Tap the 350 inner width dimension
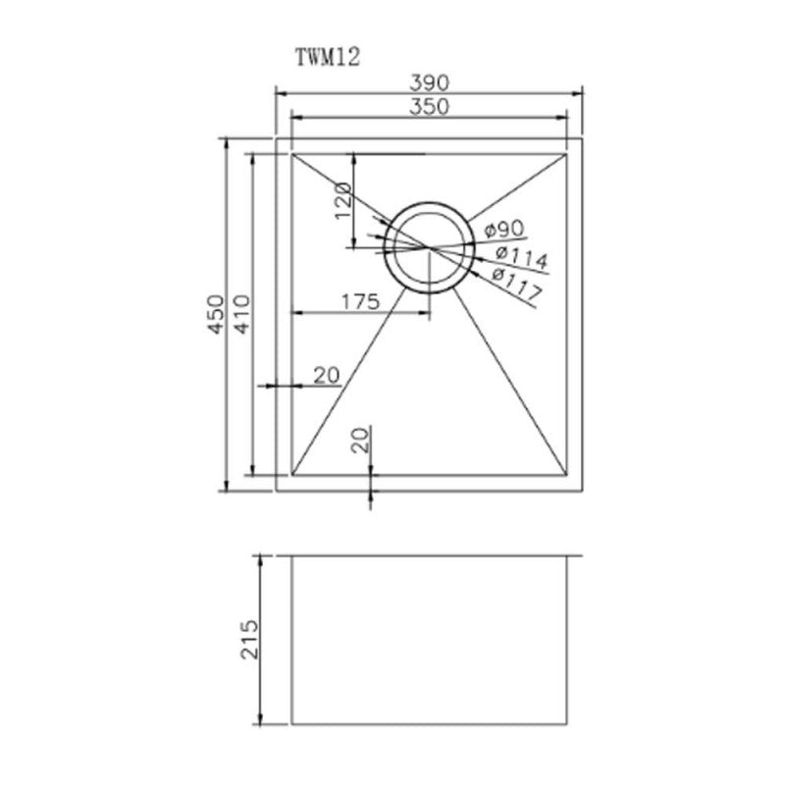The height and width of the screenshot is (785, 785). [x=430, y=107]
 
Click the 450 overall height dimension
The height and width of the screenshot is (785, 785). [x=215, y=314]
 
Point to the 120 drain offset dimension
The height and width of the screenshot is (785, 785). [x=342, y=201]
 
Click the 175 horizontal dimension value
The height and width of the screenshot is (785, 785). [x=360, y=302]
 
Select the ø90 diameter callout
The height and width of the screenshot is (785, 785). [x=503, y=230]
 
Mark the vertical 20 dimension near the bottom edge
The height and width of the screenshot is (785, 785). [x=360, y=439]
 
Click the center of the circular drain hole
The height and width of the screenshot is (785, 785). [x=429, y=247]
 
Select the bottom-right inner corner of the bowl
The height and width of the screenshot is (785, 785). [x=567, y=473]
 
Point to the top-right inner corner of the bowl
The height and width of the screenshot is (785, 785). [x=567, y=153]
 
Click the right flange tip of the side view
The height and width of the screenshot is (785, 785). [x=584, y=557]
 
